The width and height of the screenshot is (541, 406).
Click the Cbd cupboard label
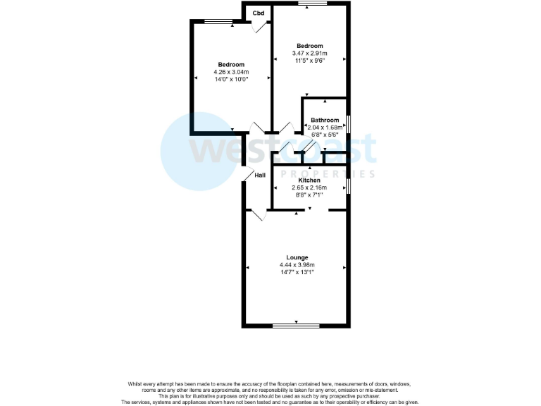pyautogui.click(x=259, y=13)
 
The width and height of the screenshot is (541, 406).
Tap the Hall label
pyautogui.click(x=260, y=175)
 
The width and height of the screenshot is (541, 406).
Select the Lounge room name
pyautogui.click(x=297, y=257)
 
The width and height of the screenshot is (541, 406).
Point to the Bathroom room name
pyautogui.click(x=325, y=120)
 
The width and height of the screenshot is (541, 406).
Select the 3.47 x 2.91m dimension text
pyautogui.click(x=309, y=54)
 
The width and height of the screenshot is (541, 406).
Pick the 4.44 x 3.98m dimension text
pyautogui.click(x=297, y=264)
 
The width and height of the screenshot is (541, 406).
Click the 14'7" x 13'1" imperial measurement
pyautogui.click(x=297, y=271)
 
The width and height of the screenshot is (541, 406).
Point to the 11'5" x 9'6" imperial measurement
pyautogui.click(x=309, y=61)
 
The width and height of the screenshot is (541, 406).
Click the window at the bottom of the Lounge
pyautogui.click(x=295, y=325)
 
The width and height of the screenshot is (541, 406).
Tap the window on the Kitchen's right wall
pyautogui.click(x=349, y=185)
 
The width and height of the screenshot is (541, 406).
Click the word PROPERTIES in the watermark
pyautogui.click(x=328, y=173)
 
